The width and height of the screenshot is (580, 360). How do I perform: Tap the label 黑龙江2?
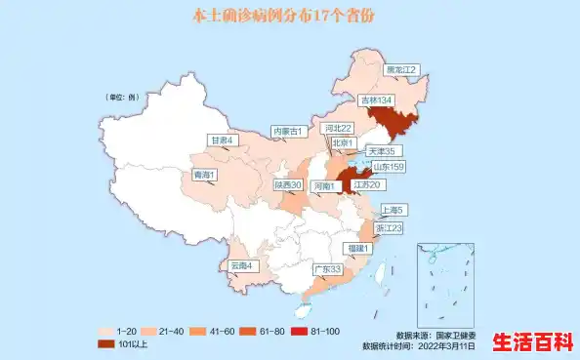coord(400,70)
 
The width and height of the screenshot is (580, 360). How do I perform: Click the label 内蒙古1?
coord(289,131)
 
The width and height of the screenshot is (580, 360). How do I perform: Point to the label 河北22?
coord(338,128)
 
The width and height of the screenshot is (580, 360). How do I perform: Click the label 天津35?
coord(381,151)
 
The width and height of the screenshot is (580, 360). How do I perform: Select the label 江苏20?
coord(368,184)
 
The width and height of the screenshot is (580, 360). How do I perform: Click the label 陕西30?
coord(288,184)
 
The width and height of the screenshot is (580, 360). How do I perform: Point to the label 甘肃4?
coord(223,140)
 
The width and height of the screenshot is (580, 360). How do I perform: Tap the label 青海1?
coord(204,175)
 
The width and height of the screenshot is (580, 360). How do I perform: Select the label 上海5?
coord(393,210)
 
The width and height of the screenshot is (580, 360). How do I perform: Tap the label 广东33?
coord(326,268)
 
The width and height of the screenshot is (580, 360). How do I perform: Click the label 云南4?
coord(241,265)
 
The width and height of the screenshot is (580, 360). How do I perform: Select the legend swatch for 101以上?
coord(106,343)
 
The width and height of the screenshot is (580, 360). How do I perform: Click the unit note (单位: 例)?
coord(122,98)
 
